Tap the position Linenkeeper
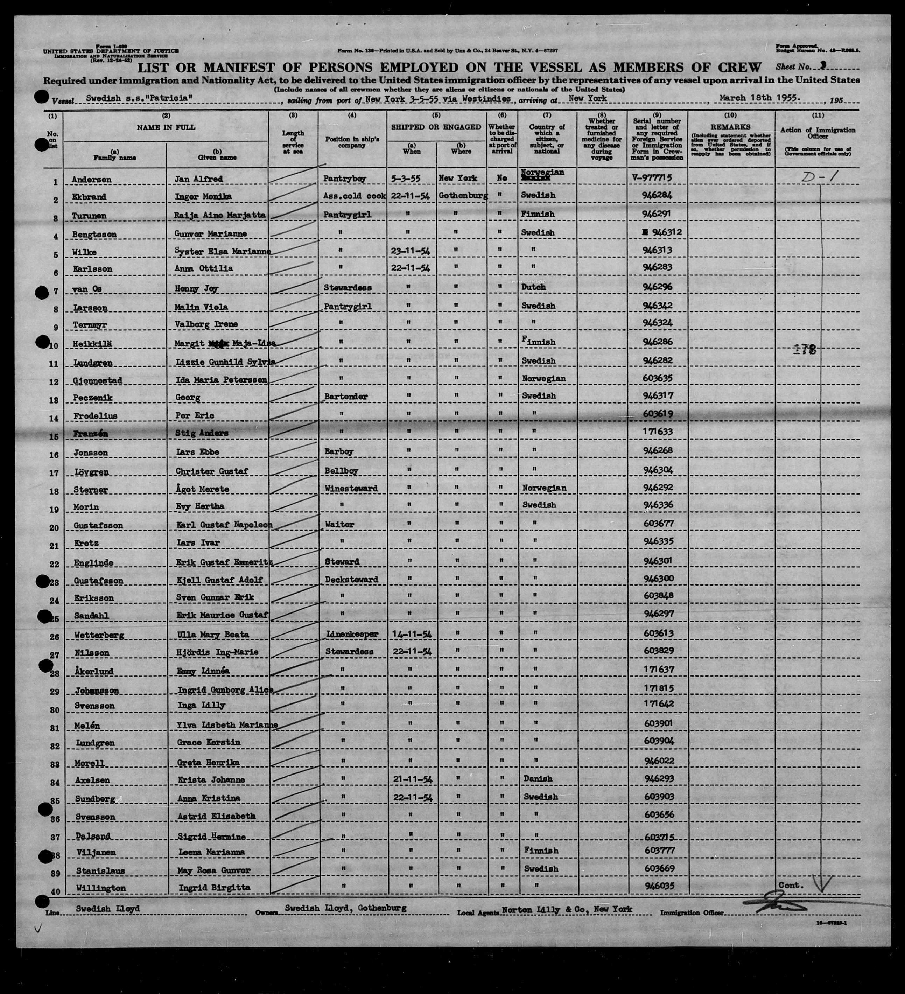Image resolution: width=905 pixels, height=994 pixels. click(350, 634)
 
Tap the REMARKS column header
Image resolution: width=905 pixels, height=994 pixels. click(730, 127)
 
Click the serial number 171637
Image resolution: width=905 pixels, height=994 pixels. click(658, 670)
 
